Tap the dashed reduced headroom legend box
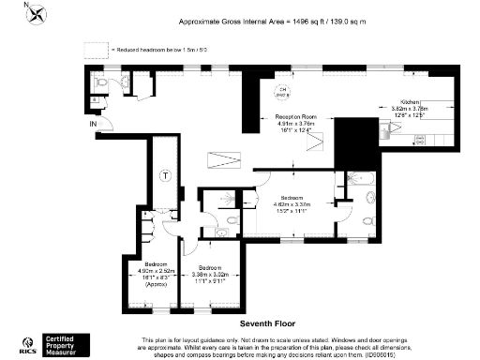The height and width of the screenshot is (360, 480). tap(95, 50)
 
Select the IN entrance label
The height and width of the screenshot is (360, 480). tap(92, 123)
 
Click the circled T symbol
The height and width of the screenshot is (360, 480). tap(165, 175)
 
